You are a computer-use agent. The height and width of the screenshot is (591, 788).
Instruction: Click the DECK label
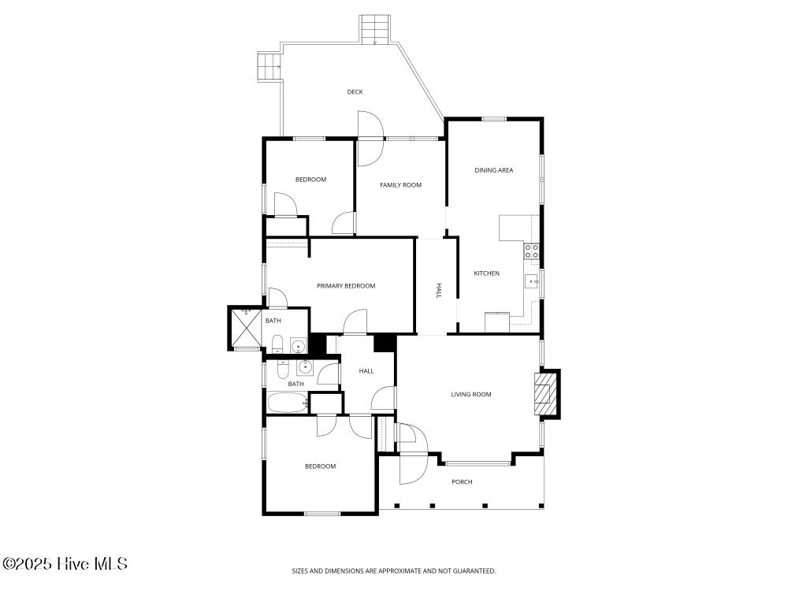pyautogui.click(x=355, y=92)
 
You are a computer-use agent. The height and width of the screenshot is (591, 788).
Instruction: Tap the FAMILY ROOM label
pyautogui.click(x=400, y=185)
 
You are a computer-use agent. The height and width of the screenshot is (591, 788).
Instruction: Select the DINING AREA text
pyautogui.click(x=494, y=170)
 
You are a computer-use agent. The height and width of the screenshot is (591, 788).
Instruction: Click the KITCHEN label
pyautogui.click(x=486, y=273)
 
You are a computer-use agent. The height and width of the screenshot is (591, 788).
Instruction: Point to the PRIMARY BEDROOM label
pyautogui.click(x=346, y=286)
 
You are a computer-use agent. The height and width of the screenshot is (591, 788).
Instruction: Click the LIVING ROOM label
pyautogui.click(x=471, y=395)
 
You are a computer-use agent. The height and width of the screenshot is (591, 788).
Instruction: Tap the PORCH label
pyautogui.click(x=462, y=482)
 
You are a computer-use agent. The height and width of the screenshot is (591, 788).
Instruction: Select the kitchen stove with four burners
pyautogui.click(x=532, y=251)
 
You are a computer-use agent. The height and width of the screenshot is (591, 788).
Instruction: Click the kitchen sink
pyautogui.click(x=533, y=281)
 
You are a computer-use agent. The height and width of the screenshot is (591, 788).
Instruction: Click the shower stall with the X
pyautogui.click(x=246, y=326)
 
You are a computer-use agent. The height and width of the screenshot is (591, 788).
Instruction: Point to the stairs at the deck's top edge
pyautogui.click(x=374, y=30)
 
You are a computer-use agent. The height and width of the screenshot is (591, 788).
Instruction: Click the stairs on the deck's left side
pyautogui.click(x=269, y=67)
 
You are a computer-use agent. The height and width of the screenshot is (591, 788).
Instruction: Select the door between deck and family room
pyautogui.click(x=369, y=139)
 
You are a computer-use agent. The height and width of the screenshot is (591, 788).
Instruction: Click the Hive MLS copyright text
pyautogui.click(x=65, y=563)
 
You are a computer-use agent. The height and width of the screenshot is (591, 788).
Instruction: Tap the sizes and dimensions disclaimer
pyautogui.click(x=394, y=571)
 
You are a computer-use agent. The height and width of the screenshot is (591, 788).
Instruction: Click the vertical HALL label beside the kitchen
pyautogui.click(x=439, y=291)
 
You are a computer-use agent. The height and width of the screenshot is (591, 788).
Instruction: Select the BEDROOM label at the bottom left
pyautogui.click(x=320, y=466)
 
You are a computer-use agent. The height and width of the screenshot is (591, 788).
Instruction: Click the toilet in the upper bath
pyautogui.click(x=277, y=344)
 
